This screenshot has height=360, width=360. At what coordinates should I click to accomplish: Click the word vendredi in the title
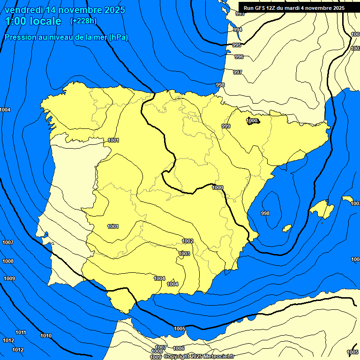pos(22,10)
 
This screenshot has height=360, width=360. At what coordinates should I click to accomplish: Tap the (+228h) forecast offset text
pos(83,21)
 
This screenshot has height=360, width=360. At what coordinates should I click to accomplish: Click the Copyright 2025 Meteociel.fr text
pos(199,356)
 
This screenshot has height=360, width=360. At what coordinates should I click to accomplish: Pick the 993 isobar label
pos(240,14)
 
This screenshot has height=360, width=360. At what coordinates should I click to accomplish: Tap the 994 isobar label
pos(238,30)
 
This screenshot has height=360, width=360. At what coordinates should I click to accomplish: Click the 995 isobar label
pos(237,45)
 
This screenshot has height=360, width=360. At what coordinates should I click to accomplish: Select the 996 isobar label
pos(239,57)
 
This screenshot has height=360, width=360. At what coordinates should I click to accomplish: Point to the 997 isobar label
pos(238,72)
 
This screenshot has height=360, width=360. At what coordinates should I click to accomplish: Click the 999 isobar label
pos(226,126)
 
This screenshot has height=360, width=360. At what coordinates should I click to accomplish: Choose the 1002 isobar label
pos(187,241)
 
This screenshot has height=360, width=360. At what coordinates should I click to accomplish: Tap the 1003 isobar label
pos(184,254)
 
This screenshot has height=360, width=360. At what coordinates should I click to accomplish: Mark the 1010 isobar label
pos(46,336)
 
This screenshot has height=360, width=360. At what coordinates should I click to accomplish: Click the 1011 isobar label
pos(21,332)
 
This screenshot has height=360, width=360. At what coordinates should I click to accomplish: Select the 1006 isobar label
pos(179,348)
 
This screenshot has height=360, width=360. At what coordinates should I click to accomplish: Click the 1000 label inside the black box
pos(252,120)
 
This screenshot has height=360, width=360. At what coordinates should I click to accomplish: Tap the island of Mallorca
pos(322,209)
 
